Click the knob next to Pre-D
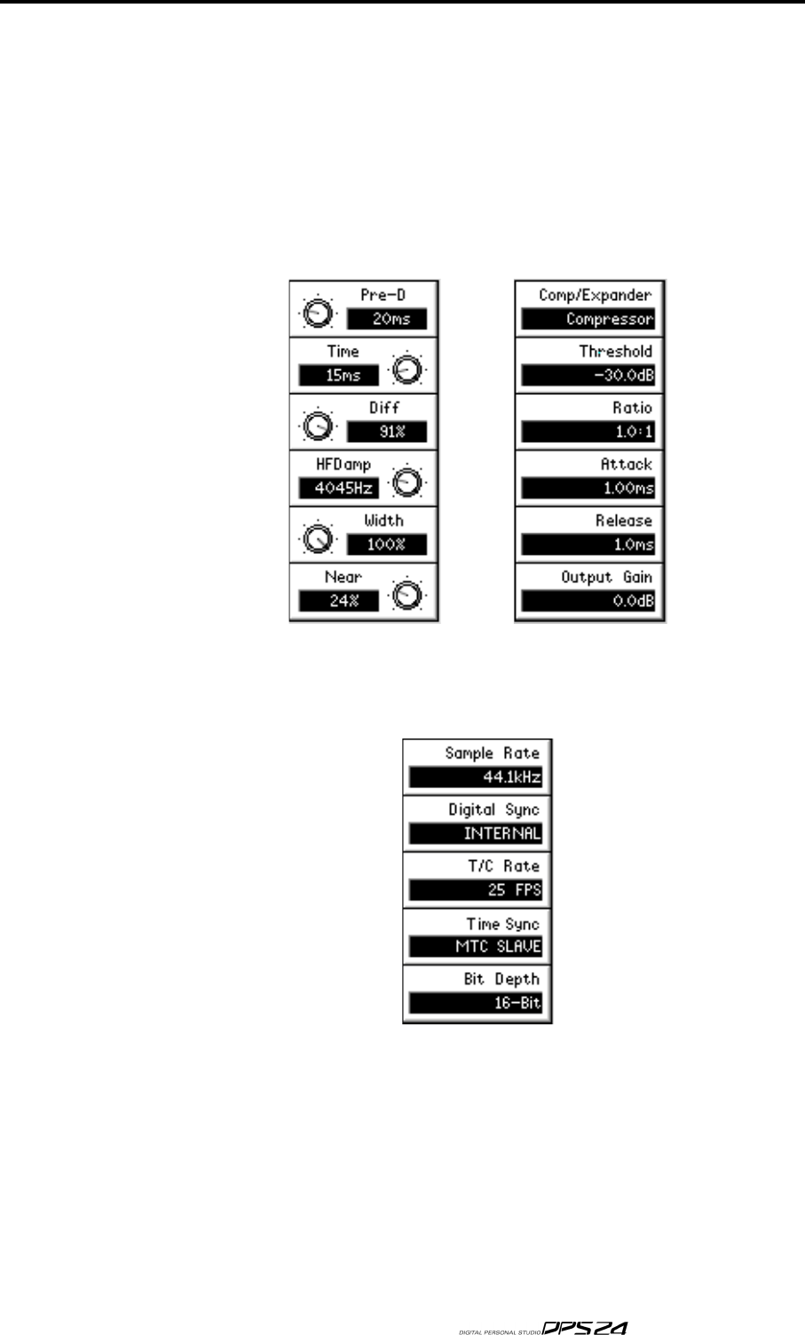point(315,312)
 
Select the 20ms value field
point(386,320)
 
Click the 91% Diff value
point(386,432)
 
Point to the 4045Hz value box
point(338,488)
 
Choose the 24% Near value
point(338,601)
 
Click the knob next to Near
point(407,596)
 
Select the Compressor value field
point(588,320)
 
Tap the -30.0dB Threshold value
point(588,375)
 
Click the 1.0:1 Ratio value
point(588,432)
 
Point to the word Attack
point(627,463)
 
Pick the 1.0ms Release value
point(588,545)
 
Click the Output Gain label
point(607,577)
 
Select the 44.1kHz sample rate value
point(475,778)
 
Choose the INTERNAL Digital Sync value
point(475,834)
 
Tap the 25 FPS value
point(475,890)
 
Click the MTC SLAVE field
point(475,947)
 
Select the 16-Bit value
point(475,1003)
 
